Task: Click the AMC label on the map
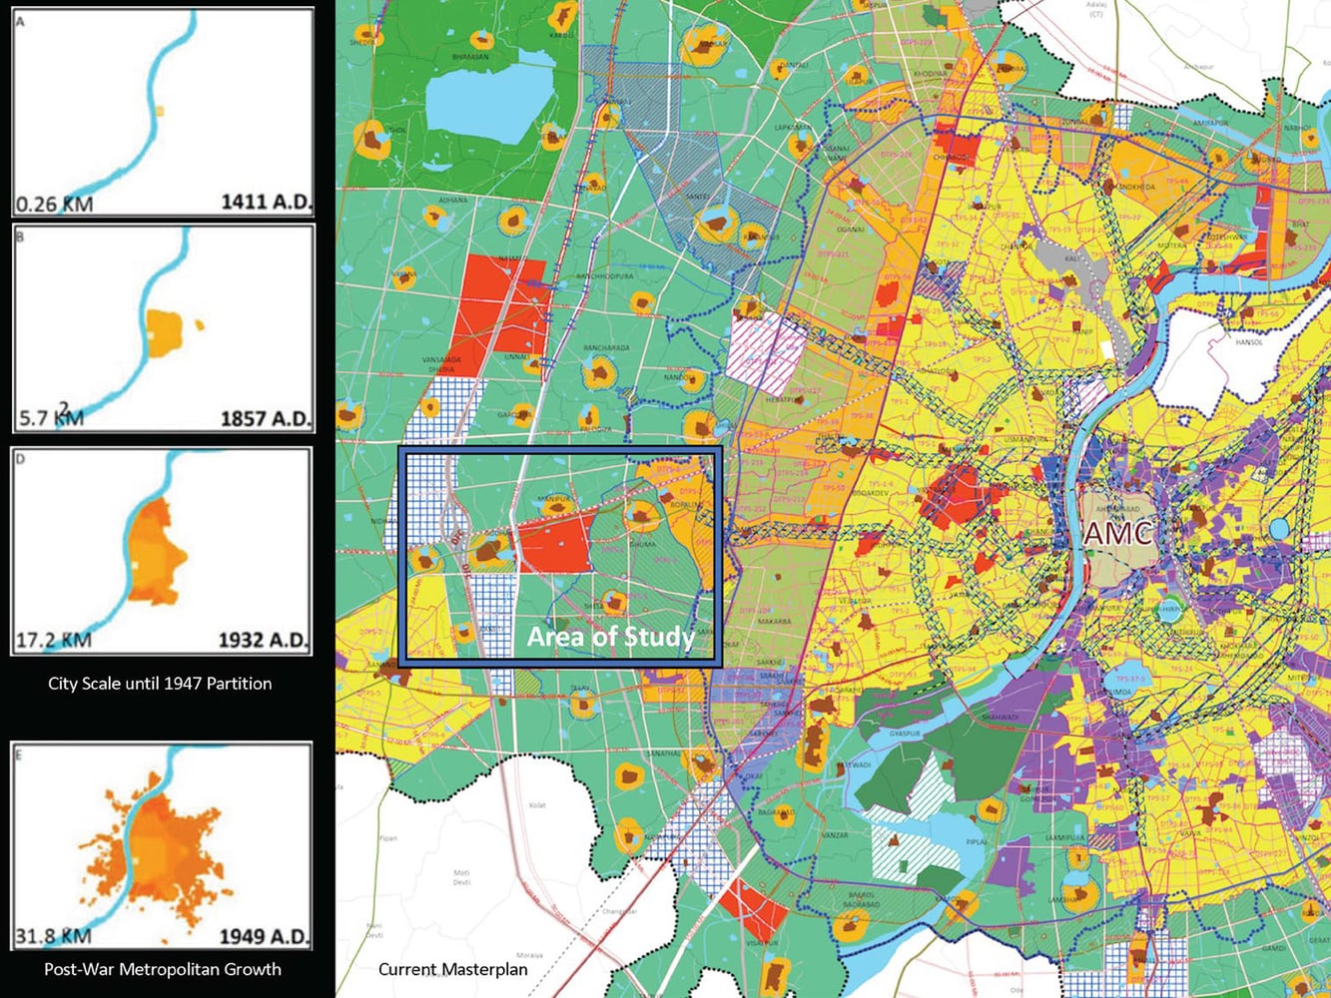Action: [1116, 533]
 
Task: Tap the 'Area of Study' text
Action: [610, 638]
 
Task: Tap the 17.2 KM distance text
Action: [54, 640]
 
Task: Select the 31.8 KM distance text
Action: [54, 936]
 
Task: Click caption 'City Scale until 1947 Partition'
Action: [160, 685]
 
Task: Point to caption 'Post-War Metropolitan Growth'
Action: [163, 969]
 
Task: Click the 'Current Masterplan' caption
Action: [452, 969]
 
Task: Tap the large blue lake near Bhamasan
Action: [488, 97]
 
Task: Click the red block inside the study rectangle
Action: [555, 544]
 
